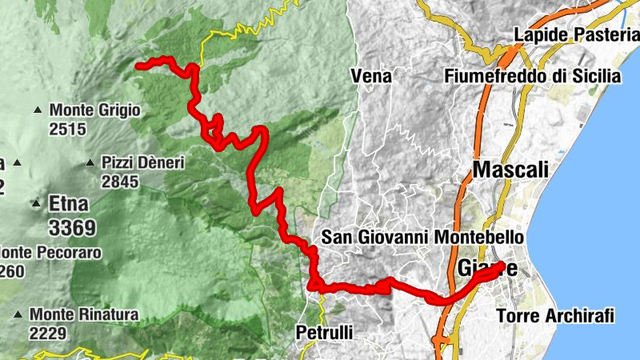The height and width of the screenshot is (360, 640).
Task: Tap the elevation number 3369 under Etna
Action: coord(72,228)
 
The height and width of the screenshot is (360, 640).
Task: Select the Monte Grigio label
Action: coord(94,110)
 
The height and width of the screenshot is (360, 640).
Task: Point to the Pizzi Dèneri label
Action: coord(143,163)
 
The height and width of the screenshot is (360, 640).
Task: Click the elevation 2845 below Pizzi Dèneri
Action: coord(120,182)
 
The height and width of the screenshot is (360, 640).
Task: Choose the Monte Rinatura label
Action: coord(84,314)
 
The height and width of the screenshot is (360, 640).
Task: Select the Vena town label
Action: coord(371,76)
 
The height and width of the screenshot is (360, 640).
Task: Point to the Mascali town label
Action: coord(510,170)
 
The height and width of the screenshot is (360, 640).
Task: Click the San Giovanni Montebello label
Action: coord(422,238)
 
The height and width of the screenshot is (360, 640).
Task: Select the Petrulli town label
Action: coord(324,331)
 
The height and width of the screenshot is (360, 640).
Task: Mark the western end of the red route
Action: coord(139,66)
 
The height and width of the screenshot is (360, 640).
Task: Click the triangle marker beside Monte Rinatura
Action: coord(18,314)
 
